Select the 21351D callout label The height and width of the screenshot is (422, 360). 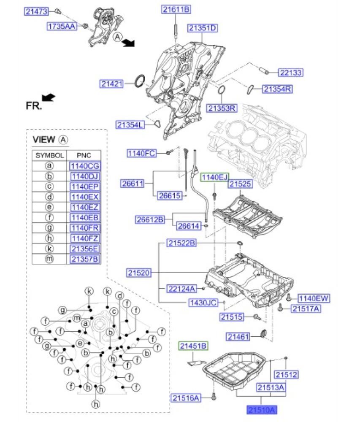tap(203, 28)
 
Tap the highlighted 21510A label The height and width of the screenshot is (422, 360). tap(263, 409)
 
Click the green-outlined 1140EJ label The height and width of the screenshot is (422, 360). tap(214, 177)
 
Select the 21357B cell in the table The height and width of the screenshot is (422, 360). tap(85, 259)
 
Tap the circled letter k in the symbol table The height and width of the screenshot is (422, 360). tap(49, 249)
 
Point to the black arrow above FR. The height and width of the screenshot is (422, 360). tap(49, 97)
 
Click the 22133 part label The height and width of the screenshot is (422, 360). tap(291, 73)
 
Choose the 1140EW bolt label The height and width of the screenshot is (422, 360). tap(314, 299)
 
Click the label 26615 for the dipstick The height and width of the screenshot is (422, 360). tap(169, 195)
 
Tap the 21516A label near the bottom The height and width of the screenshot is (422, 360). tap(186, 397)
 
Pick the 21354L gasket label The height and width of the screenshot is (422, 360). tap(130, 124)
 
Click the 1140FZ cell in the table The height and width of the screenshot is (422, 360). tap(85, 238)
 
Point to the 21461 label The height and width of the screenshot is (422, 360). tap(238, 336)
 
